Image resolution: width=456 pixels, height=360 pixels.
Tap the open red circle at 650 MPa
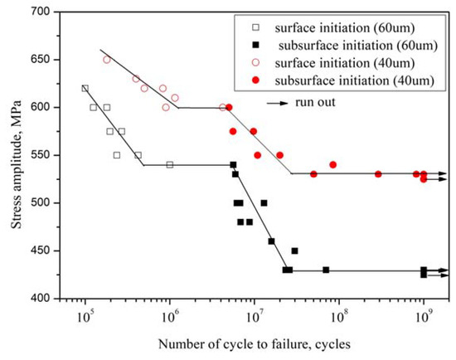pos(106,60)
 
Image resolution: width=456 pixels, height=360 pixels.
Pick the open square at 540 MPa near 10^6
pos(170,165)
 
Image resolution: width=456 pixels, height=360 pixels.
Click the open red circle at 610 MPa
pos(175,98)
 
